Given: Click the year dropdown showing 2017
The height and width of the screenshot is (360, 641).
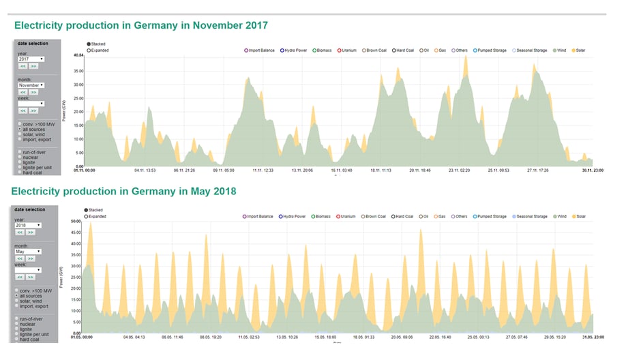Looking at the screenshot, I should [x=31, y=59].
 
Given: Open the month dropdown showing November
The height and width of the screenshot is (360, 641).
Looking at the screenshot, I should [x=31, y=85].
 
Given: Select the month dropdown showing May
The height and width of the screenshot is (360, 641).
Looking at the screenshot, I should [x=29, y=251].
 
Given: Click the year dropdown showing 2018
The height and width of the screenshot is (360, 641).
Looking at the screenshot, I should [x=29, y=224].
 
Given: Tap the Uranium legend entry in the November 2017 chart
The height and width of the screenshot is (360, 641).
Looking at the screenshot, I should [x=348, y=50].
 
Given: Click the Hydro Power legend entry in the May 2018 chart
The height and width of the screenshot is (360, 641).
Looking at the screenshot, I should [x=294, y=216].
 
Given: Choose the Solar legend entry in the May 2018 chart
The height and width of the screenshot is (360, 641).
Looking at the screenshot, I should [x=578, y=216].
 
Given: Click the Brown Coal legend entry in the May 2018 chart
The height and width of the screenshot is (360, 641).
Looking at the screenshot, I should [x=374, y=216].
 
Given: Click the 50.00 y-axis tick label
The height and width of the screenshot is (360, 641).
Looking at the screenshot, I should [x=76, y=221].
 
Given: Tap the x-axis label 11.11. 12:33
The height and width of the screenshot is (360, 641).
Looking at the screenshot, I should [x=263, y=170].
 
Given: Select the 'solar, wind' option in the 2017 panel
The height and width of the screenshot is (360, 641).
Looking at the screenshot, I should [x=33, y=134].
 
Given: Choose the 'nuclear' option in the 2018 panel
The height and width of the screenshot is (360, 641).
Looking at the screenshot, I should [x=30, y=323].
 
